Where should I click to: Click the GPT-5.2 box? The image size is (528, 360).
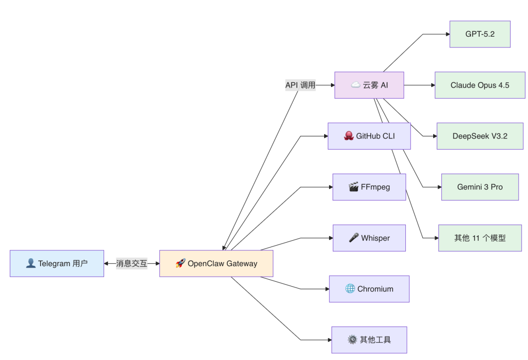pyautogui.click(x=480, y=34)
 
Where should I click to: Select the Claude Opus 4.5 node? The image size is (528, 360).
pyautogui.click(x=480, y=85)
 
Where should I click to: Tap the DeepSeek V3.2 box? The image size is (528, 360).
pyautogui.click(x=480, y=136)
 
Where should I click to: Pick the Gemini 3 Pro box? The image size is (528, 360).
pyautogui.click(x=480, y=187)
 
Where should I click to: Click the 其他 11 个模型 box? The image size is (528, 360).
pyautogui.click(x=480, y=238)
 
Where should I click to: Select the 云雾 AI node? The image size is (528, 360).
pyautogui.click(x=369, y=85)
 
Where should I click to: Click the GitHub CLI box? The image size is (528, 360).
pyautogui.click(x=369, y=136)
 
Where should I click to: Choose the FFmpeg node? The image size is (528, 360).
pyautogui.click(x=369, y=187)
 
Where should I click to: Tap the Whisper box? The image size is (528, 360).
pyautogui.click(x=369, y=238)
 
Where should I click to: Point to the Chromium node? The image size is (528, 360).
pyautogui.click(x=369, y=289)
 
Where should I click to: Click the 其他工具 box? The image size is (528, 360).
pyautogui.click(x=369, y=340)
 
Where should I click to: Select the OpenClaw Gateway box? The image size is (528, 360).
pyautogui.click(x=216, y=264)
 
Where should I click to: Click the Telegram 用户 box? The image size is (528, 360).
pyautogui.click(x=57, y=264)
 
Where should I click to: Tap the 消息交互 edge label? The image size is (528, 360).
pyautogui.click(x=132, y=264)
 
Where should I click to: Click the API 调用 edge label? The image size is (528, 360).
pyautogui.click(x=301, y=85)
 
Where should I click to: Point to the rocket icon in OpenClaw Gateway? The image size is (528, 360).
pyautogui.click(x=180, y=263)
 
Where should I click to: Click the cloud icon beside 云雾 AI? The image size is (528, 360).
pyautogui.click(x=355, y=85)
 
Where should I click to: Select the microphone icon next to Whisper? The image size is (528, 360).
pyautogui.click(x=353, y=238)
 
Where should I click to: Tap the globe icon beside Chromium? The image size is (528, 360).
pyautogui.click(x=350, y=289)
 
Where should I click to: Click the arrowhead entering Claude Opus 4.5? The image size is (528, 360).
pyautogui.click(x=432, y=85)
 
